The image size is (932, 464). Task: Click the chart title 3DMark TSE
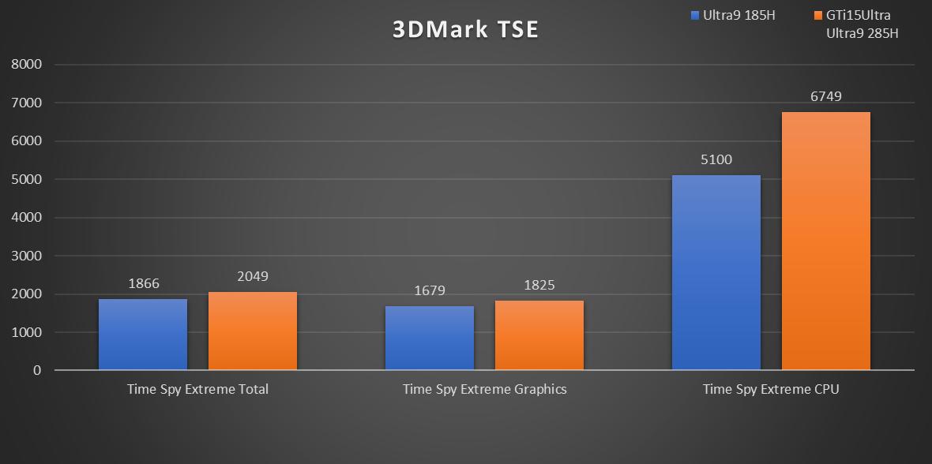click(x=466, y=30)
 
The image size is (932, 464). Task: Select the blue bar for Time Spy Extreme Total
click(x=143, y=334)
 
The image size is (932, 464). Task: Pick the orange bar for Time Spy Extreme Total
click(x=253, y=331)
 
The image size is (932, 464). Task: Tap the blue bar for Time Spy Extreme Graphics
click(x=430, y=338)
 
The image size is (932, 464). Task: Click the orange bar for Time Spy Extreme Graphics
click(x=539, y=335)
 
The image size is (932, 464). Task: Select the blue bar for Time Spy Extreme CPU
click(x=716, y=272)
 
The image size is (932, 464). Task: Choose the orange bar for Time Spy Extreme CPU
click(x=826, y=241)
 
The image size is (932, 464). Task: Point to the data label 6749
click(x=825, y=96)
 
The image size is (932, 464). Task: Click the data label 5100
click(x=716, y=159)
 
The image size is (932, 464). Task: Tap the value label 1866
click(x=143, y=283)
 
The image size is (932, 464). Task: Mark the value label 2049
click(x=253, y=276)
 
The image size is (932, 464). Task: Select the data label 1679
click(x=430, y=290)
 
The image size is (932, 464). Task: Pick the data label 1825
click(x=539, y=285)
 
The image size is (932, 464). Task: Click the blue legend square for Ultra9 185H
click(x=694, y=15)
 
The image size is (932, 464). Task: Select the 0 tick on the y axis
click(x=37, y=370)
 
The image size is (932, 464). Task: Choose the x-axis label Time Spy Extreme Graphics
click(x=484, y=389)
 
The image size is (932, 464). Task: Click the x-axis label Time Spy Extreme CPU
click(x=771, y=389)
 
